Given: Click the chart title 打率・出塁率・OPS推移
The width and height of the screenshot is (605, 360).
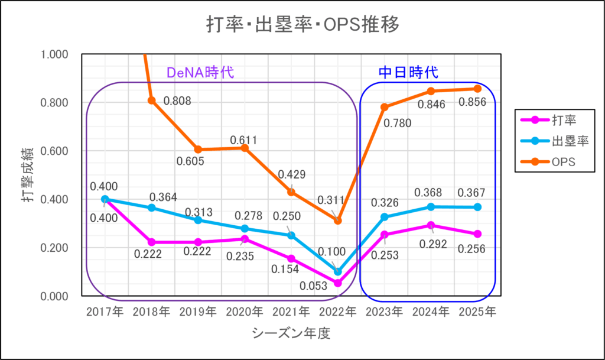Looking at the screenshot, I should click(x=302, y=25).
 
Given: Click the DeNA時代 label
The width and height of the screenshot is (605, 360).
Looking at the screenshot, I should click(x=200, y=73).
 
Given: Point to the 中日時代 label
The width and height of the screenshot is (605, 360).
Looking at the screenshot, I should click(x=408, y=73).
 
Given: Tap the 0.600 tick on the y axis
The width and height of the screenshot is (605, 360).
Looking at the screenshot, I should click(x=55, y=151).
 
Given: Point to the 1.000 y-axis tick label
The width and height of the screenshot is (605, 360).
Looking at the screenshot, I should click(x=55, y=54).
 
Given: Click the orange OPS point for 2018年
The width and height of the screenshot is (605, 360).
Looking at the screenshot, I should click(x=152, y=100).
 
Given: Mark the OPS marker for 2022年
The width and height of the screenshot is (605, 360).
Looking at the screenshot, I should click(x=338, y=220).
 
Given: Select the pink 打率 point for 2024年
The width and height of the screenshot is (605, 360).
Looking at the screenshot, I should click(x=431, y=225).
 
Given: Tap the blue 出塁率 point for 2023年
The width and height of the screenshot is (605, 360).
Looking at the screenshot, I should click(x=385, y=217).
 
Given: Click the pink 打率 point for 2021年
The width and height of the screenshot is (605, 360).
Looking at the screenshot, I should click(x=291, y=258).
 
